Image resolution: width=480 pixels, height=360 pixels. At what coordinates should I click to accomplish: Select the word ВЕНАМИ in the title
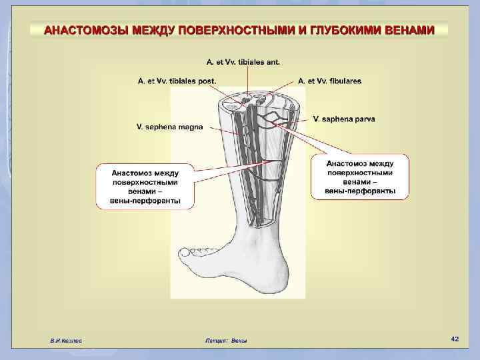click(411, 31)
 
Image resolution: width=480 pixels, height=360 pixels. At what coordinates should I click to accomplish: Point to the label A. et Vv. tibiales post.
click(177, 81)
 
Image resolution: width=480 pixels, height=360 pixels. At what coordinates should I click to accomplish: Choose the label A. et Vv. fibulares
click(329, 81)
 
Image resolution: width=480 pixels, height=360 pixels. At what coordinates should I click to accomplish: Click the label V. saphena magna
click(171, 125)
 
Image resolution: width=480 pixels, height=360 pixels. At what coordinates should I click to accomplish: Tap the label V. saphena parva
click(343, 119)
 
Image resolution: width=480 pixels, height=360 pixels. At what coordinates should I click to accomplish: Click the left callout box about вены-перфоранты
click(145, 185)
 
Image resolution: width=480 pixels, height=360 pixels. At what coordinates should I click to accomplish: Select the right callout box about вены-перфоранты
click(360, 177)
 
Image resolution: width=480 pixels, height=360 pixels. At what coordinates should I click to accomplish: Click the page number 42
click(455, 339)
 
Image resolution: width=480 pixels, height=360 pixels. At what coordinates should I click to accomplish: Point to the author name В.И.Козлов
click(66, 341)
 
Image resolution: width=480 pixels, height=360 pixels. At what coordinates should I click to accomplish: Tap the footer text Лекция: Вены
click(226, 341)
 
